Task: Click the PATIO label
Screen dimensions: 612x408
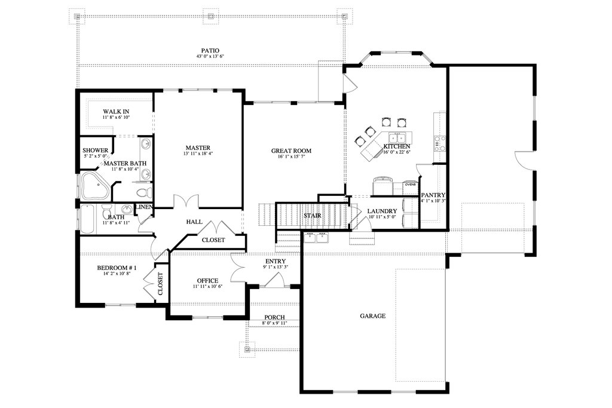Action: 210,51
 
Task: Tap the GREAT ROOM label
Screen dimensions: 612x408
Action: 291,151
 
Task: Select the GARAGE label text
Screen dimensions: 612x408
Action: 373,316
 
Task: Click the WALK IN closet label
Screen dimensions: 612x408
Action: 116,112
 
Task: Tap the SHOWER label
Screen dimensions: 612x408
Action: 95,151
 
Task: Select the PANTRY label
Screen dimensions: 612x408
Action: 433,195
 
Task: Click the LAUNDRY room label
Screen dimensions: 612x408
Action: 382,211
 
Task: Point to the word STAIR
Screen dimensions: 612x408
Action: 312,215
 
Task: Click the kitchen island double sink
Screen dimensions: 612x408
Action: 398,137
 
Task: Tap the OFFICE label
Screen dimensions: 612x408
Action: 207,281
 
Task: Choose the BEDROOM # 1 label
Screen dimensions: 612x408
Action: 117,268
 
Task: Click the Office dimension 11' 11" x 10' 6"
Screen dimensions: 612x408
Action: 207,287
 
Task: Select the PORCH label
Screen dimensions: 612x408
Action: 274,318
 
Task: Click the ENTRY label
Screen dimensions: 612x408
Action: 276,261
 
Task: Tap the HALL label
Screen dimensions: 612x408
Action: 194,222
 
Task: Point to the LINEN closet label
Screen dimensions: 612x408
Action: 144,207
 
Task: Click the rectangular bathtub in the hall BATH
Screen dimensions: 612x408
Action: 87,219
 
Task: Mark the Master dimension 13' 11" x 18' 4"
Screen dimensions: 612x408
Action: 198,154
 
